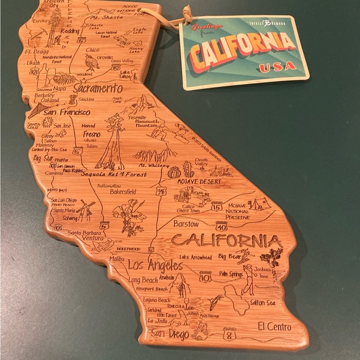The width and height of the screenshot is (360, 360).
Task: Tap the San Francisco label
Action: coord(67,112)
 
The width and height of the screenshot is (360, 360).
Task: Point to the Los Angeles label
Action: coord(155,266)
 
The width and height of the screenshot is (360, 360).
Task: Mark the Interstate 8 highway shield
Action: coord(230,336)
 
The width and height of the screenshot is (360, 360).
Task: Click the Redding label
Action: coord(70,31)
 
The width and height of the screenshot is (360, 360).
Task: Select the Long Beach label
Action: coord(143,280)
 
